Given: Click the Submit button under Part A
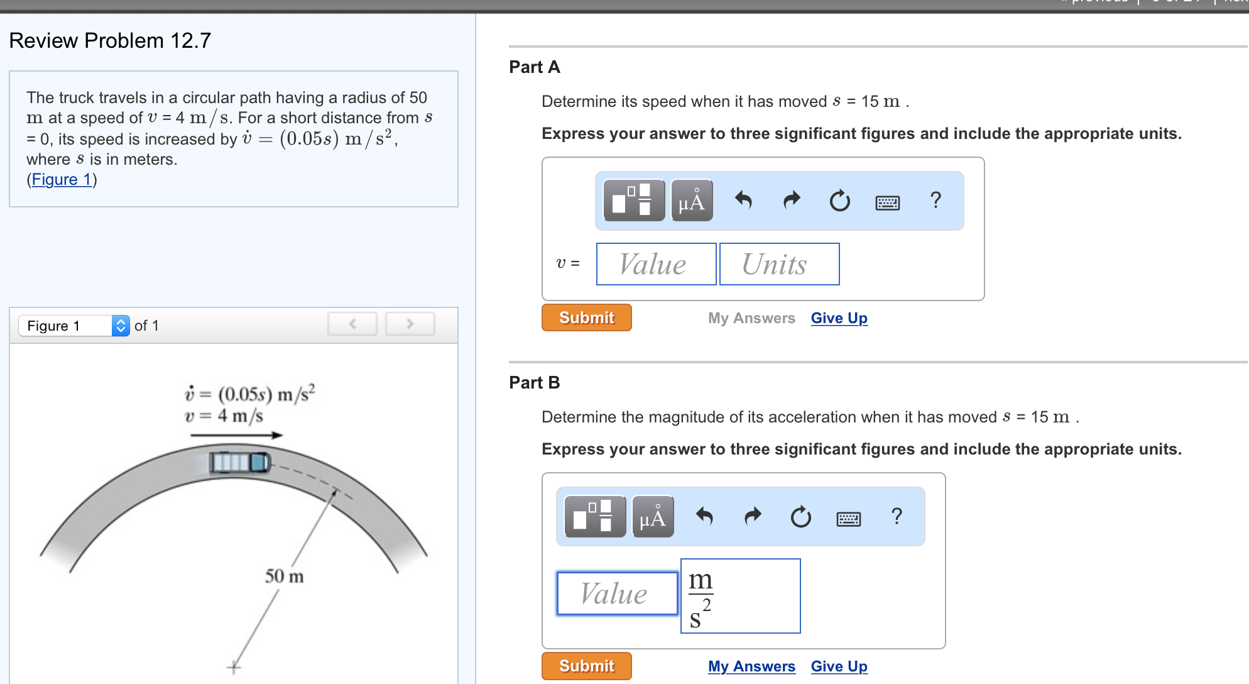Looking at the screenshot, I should click(586, 317).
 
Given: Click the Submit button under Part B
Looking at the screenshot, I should click(586, 666).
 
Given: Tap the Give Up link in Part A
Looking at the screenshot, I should click(839, 318).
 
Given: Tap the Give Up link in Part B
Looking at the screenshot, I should click(839, 666).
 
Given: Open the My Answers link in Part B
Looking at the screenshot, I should click(751, 666).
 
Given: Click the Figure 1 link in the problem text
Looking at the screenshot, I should click(62, 180).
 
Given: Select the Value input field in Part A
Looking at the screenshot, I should click(656, 264).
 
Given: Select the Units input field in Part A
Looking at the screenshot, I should click(779, 264).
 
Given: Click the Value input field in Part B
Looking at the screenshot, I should click(617, 593).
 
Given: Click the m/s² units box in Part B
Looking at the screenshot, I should click(740, 596).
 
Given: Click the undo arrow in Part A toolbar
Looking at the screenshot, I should click(743, 201).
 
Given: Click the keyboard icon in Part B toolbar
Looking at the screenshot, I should click(848, 518).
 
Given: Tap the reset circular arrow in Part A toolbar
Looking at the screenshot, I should click(839, 201).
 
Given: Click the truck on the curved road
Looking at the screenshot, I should click(240, 462).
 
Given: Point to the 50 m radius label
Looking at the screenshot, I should click(284, 576).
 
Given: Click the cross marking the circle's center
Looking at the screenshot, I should click(234, 666).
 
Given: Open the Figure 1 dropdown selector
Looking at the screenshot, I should click(74, 326).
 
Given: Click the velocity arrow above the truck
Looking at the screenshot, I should click(236, 435).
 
